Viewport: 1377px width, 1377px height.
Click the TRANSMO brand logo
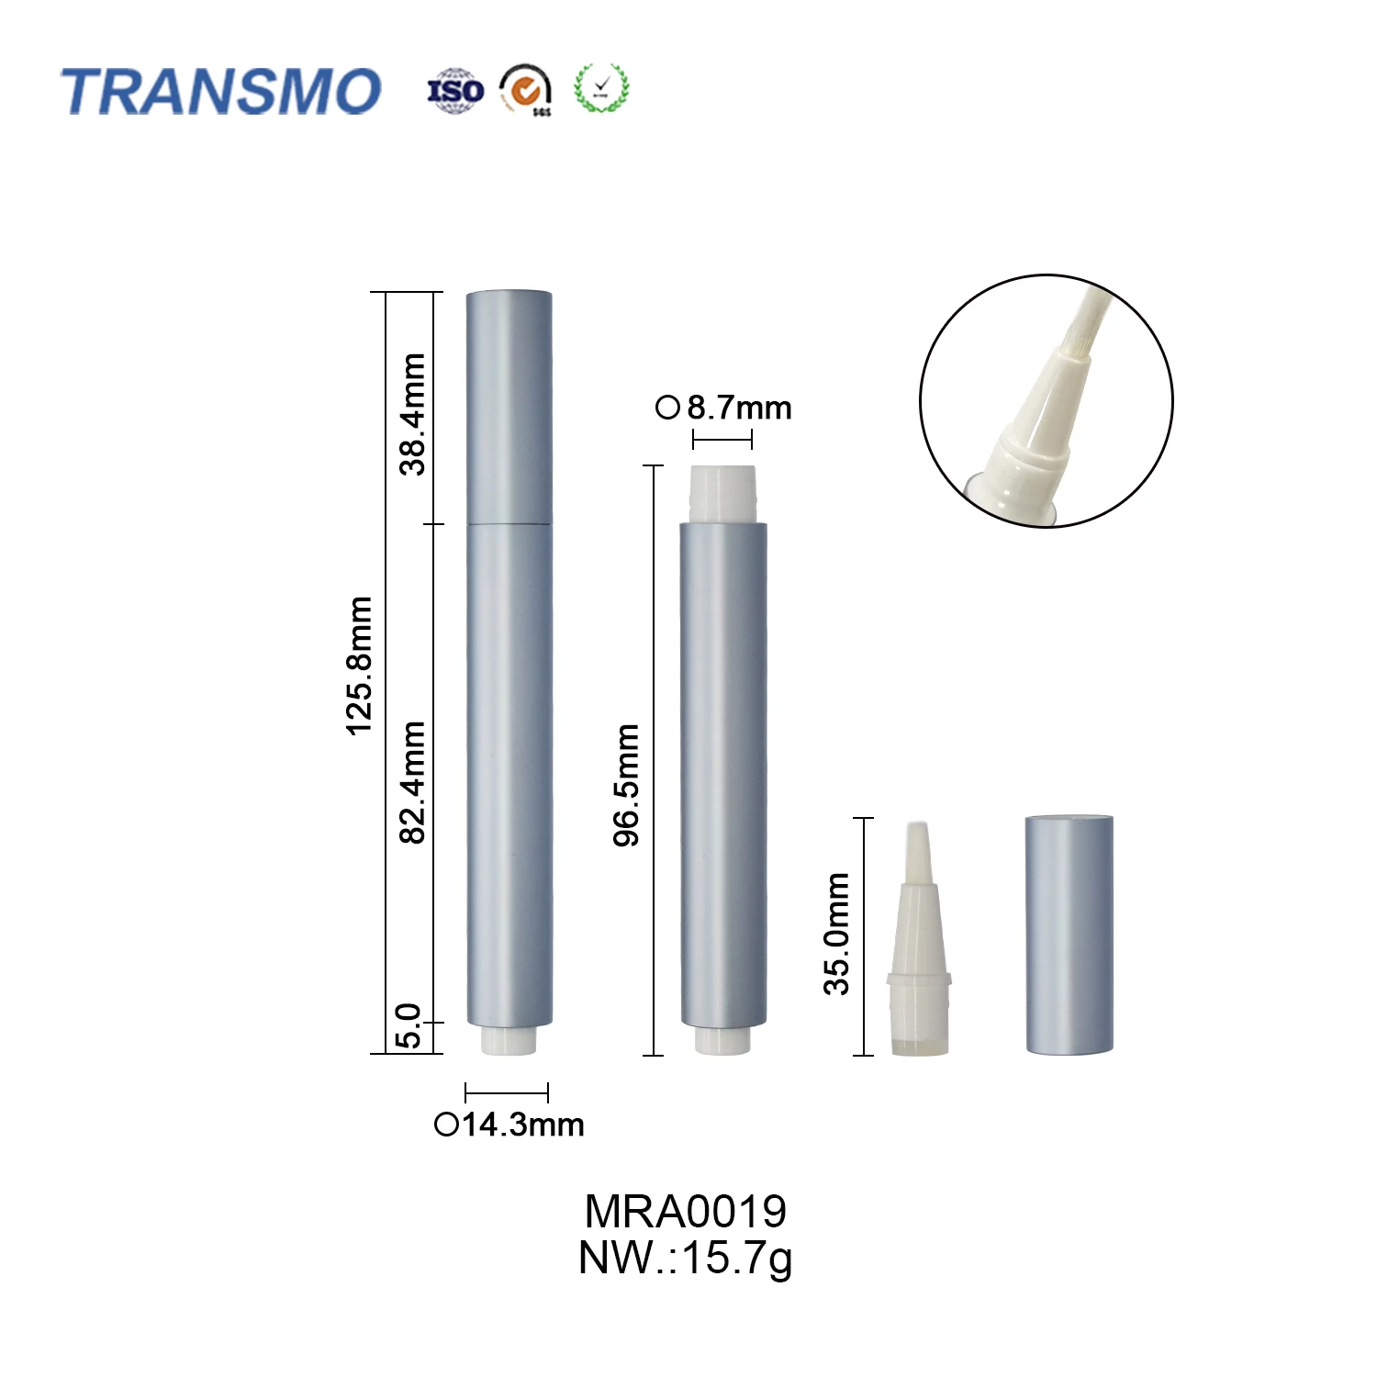[x=220, y=92]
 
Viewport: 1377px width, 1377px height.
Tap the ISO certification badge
[x=455, y=91]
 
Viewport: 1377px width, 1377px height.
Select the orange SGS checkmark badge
[x=526, y=90]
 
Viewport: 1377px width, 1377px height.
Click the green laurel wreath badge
[x=601, y=89]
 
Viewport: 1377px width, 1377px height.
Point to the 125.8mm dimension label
[x=359, y=666]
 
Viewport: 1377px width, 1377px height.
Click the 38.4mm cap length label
[x=412, y=414]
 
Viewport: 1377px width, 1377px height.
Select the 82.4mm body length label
[x=412, y=782]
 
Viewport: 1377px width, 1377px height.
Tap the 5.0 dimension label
[x=409, y=1025]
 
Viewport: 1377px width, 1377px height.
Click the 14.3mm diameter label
[x=509, y=1125]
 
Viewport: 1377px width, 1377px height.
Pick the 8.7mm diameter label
[x=724, y=408]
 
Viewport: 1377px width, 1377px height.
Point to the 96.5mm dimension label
[x=626, y=785]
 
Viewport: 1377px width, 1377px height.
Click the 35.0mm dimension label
[x=836, y=934]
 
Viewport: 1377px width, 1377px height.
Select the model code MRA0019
[x=685, y=1212]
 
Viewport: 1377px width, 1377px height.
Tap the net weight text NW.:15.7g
[x=685, y=1258]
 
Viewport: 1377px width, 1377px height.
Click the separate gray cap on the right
[x=1069, y=934]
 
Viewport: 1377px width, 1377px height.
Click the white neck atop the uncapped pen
[x=723, y=494]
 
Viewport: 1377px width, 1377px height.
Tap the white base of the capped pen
[x=508, y=1040]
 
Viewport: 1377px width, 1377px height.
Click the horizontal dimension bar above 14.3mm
[x=507, y=1092]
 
